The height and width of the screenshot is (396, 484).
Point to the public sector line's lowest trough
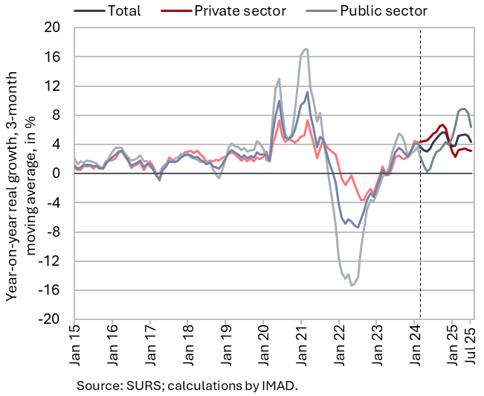coord(352,285)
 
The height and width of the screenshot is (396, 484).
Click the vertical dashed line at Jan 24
coord(421,223)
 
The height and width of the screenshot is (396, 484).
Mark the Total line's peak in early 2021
coord(307,92)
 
